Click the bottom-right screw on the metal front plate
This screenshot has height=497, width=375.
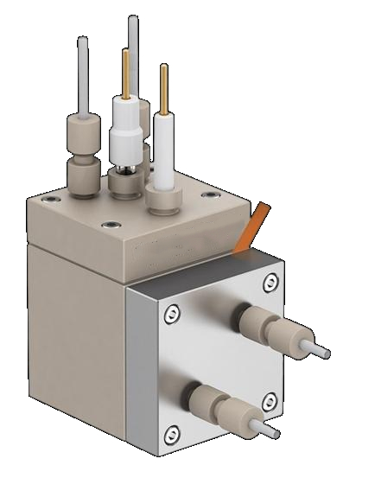tap(270, 400)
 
